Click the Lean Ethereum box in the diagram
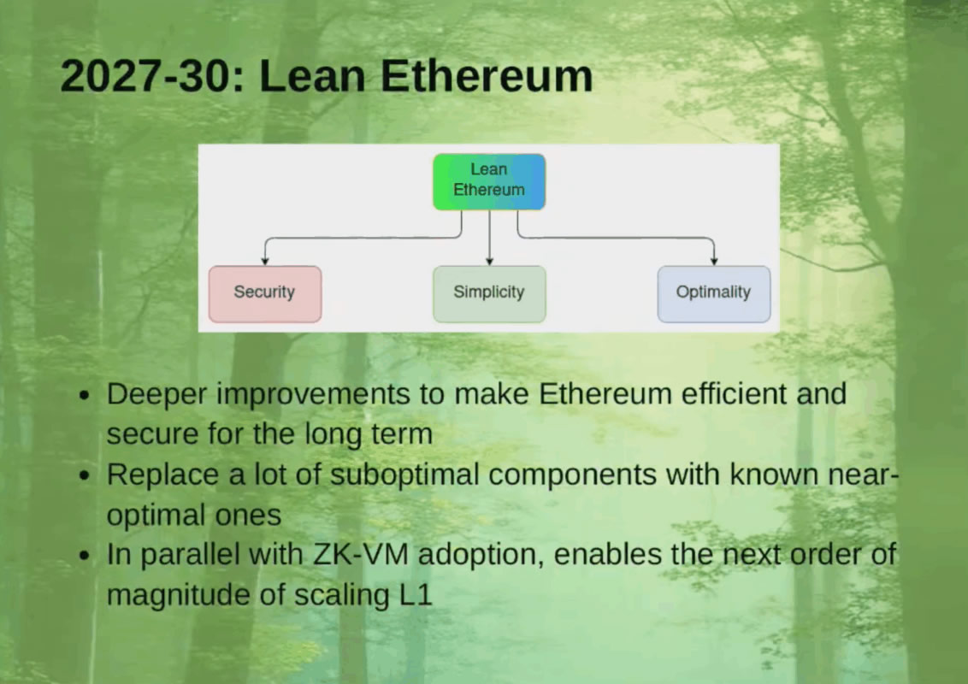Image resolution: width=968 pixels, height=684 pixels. [489, 181]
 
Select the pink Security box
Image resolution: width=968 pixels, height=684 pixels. [265, 293]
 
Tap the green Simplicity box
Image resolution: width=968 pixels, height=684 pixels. [489, 293]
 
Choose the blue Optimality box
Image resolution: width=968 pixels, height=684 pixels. [713, 293]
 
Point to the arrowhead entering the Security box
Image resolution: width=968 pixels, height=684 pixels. [265, 260]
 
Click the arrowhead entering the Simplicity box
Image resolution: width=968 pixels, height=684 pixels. [489, 260]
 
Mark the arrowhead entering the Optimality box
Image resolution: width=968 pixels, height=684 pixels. [714, 260]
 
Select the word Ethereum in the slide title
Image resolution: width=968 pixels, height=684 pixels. [487, 76]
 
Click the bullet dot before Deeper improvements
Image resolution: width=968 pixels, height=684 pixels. [84, 397]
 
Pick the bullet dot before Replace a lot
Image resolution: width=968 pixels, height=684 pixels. [84, 476]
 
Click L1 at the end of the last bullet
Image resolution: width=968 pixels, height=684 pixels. [415, 594]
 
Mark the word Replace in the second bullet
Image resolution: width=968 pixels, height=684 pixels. [162, 475]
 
